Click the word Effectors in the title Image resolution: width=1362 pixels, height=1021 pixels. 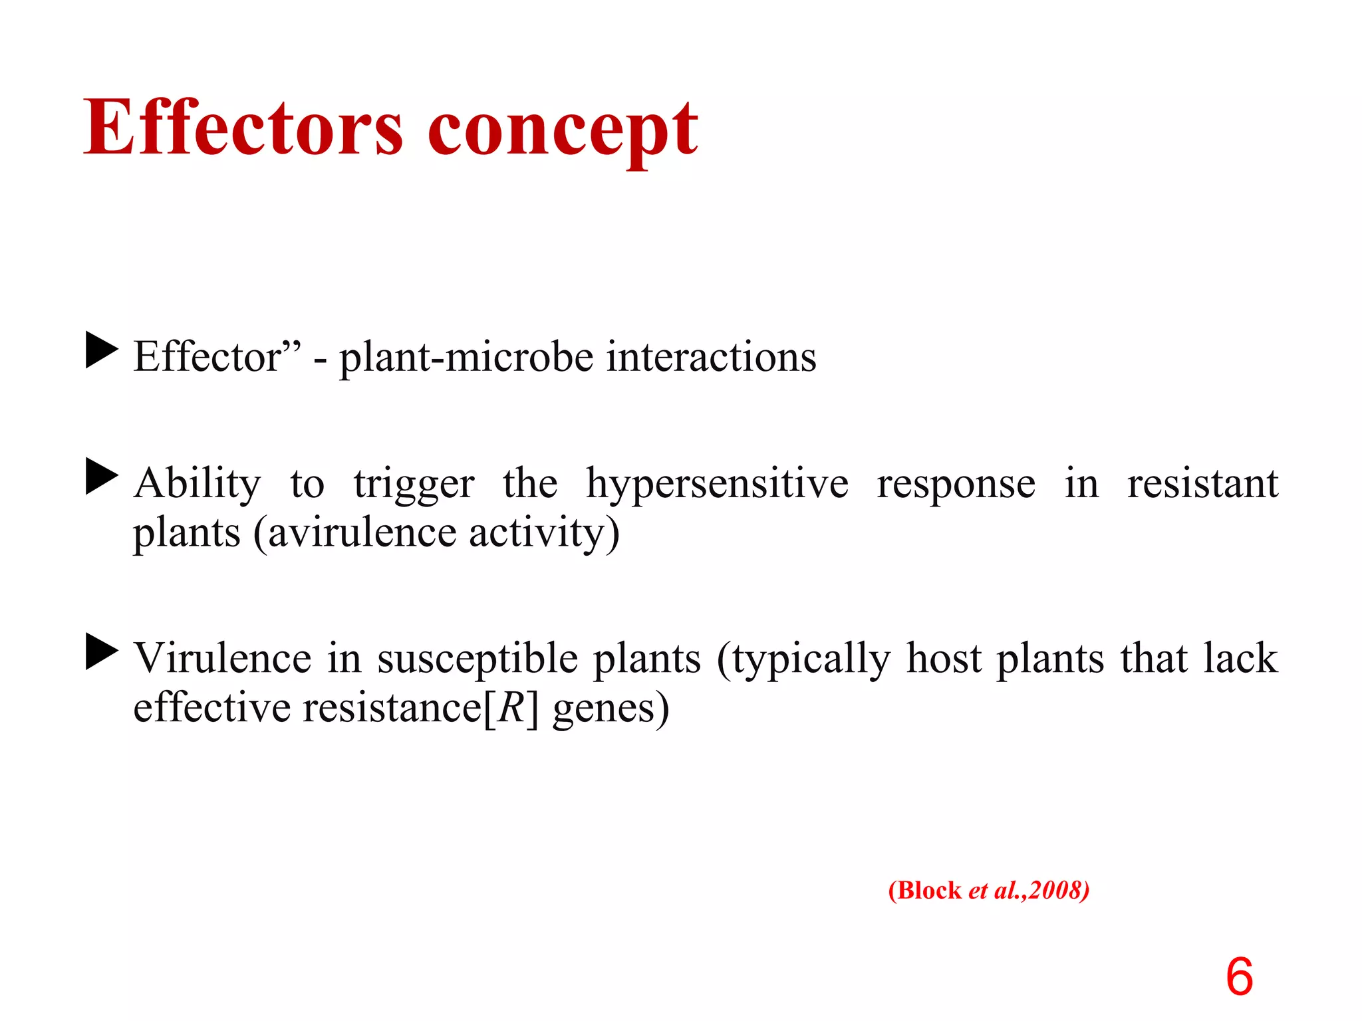pos(243,128)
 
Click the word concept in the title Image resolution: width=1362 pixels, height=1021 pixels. pos(563,130)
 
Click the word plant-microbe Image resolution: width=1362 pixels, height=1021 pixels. pos(466,358)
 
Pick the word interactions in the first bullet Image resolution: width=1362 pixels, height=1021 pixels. pos(711,357)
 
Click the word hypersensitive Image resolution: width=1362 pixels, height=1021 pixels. pos(717,484)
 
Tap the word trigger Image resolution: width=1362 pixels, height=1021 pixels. pos(414,484)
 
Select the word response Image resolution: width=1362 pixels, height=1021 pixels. pos(956,484)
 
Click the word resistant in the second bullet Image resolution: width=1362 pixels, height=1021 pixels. pos(1202,483)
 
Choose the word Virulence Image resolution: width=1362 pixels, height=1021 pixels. pos(222,658)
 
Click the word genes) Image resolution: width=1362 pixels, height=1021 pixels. pos(611,709)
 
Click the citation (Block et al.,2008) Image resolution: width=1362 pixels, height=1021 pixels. pos(988,890)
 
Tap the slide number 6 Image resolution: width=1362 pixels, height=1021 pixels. pos(1239,976)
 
